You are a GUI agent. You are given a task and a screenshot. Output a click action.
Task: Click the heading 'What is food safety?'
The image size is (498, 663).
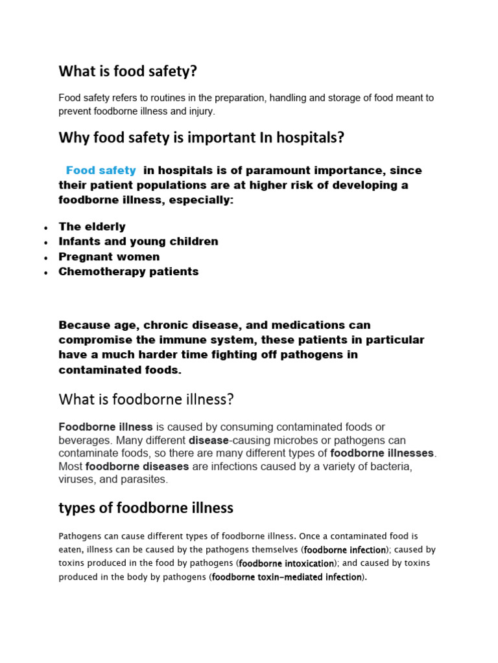click(x=127, y=72)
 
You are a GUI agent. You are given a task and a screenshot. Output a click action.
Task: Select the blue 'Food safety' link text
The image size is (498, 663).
click(x=101, y=171)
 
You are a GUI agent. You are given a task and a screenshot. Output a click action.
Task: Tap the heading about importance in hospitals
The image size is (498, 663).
click(x=201, y=138)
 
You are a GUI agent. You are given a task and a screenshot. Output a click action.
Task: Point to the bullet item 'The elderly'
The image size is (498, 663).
click(x=92, y=227)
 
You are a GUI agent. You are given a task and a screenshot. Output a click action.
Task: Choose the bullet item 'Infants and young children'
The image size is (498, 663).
click(x=138, y=242)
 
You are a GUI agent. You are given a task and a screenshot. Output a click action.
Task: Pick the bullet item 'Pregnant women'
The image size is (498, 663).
click(x=109, y=256)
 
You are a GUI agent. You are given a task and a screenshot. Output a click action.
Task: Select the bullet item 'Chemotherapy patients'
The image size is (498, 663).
click(x=128, y=271)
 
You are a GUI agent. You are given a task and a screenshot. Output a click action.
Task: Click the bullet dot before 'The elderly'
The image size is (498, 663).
click(x=45, y=228)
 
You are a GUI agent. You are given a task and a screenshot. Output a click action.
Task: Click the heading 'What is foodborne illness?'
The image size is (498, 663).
click(x=146, y=399)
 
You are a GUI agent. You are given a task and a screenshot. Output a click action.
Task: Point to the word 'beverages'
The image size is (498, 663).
click(x=82, y=440)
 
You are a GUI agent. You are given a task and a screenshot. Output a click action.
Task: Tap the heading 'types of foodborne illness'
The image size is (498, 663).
click(x=146, y=508)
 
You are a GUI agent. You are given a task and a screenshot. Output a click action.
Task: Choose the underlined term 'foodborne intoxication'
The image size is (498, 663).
click(x=287, y=564)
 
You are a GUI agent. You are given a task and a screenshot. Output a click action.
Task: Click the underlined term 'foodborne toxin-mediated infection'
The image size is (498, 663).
click(x=287, y=578)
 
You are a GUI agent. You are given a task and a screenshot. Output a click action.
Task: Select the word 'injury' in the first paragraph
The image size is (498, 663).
click(x=198, y=111)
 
